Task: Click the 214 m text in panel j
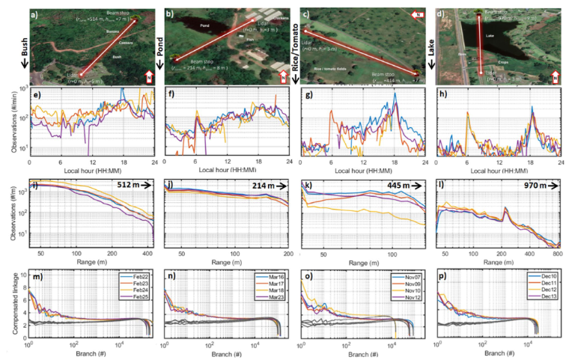264,186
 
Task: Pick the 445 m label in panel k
396,186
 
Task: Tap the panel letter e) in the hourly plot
34,95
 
